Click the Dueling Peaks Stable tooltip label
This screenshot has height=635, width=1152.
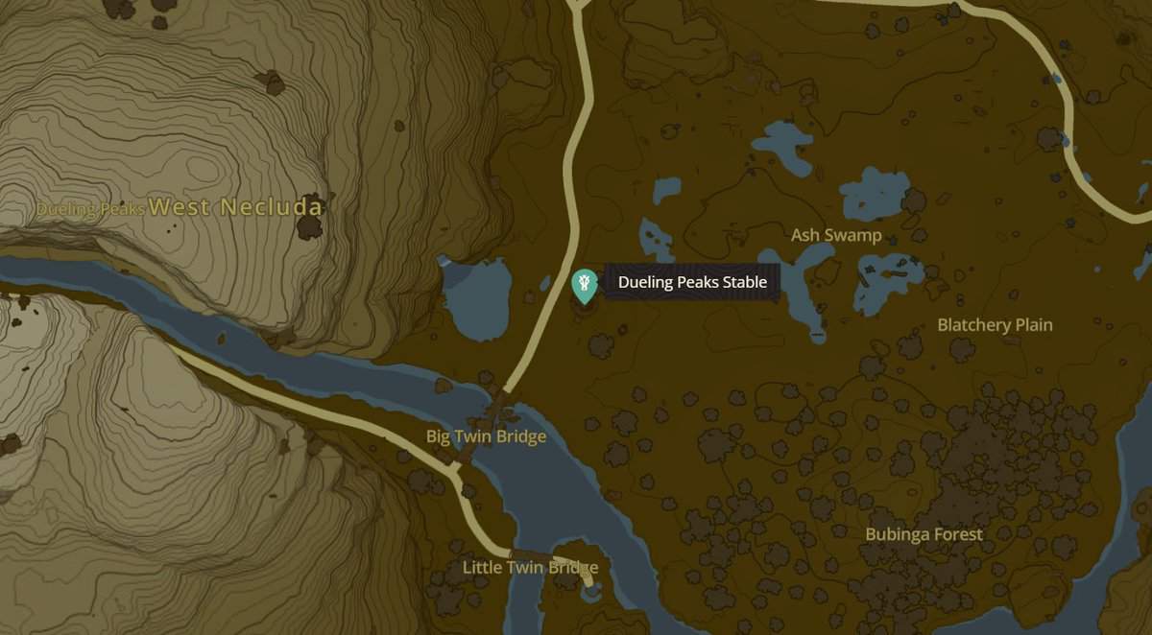click(x=692, y=283)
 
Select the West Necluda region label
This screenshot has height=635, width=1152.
click(x=236, y=206)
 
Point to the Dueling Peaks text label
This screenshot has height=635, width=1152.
click(x=90, y=209)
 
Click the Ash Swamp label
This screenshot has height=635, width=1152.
click(x=836, y=235)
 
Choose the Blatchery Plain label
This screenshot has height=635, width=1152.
click(x=995, y=325)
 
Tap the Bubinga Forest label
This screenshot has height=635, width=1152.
click(x=924, y=534)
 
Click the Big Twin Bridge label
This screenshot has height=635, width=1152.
click(x=486, y=436)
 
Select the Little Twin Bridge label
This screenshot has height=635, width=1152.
click(x=530, y=567)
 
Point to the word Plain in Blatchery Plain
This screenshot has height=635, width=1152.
click(x=1033, y=325)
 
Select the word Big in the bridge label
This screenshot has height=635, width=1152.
click(x=439, y=436)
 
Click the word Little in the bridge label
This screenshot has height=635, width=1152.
click(x=484, y=567)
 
